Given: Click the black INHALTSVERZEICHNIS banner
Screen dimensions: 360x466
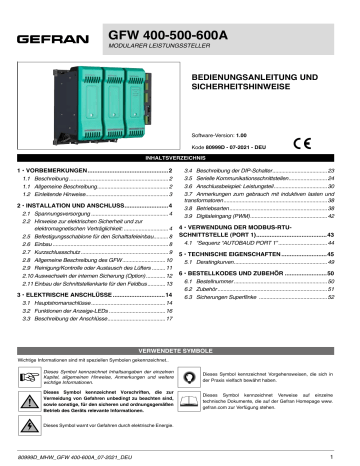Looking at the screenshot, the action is coord(180,158).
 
